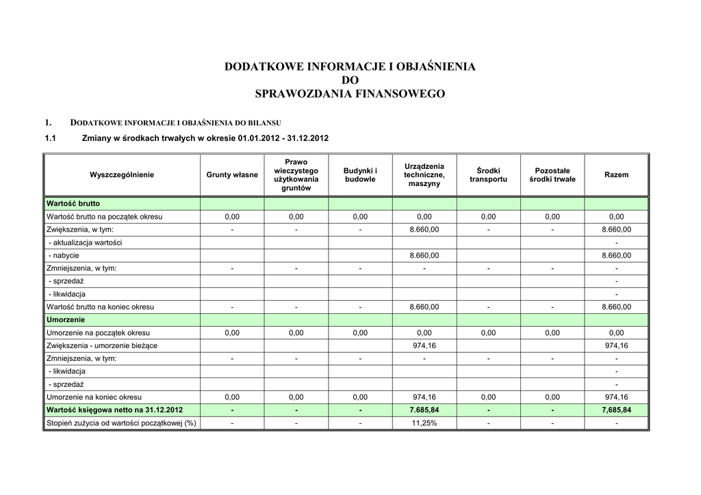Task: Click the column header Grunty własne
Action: [x=232, y=175]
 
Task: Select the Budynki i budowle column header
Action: [x=360, y=175]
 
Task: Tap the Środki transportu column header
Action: [x=488, y=175]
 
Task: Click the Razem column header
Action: [x=616, y=175]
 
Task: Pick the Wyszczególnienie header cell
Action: [x=122, y=175]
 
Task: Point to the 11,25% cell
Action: [x=424, y=423]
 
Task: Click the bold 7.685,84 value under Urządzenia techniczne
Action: [x=424, y=410]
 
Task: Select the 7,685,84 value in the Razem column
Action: [x=616, y=410]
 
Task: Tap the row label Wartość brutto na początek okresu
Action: [x=104, y=217]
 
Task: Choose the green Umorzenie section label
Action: [x=66, y=320]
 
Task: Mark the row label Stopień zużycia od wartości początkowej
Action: [x=121, y=423]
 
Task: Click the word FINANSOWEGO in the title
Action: [x=398, y=94]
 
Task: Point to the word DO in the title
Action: [x=350, y=81]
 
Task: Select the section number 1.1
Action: [x=50, y=138]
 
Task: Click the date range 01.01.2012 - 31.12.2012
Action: [x=283, y=138]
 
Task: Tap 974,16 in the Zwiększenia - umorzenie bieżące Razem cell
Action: [x=616, y=346]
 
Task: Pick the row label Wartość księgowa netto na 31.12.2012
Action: [x=114, y=410]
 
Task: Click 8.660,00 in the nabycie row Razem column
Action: [x=616, y=256]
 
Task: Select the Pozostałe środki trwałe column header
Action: [x=552, y=175]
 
